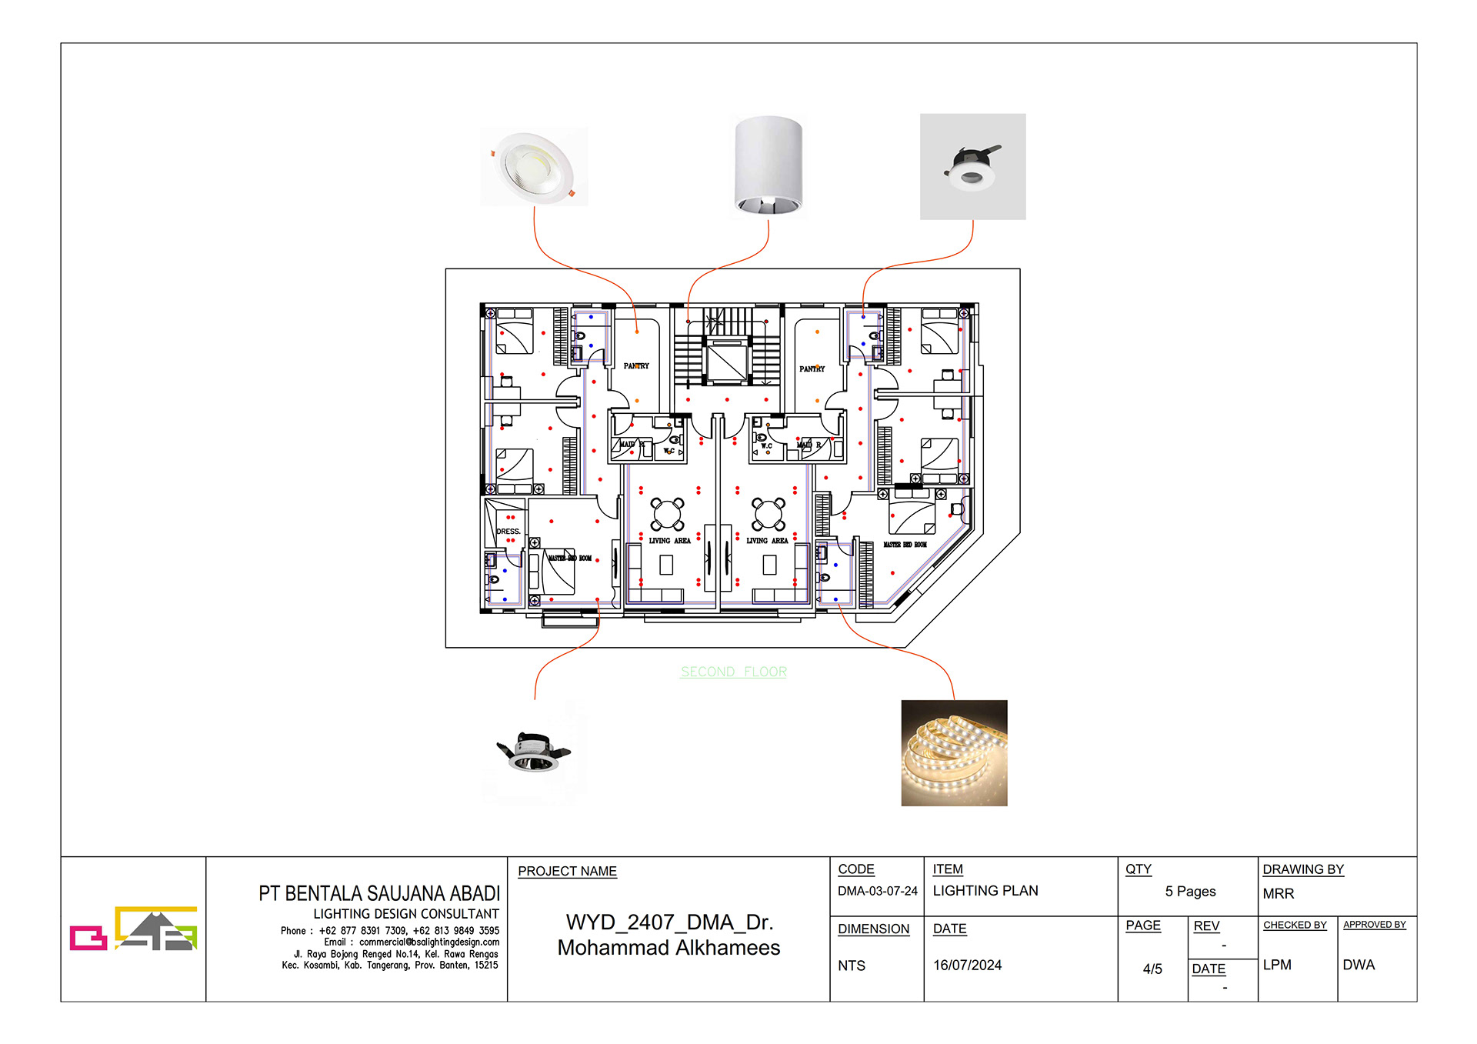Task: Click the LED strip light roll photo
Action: pyautogui.click(x=954, y=752)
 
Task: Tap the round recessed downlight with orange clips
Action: pyautogui.click(x=535, y=166)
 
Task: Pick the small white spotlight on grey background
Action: pyautogui.click(x=972, y=167)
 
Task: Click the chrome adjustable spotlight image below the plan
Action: pyautogui.click(x=535, y=752)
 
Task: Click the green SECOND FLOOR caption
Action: pyautogui.click(x=733, y=672)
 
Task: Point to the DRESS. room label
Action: pyautogui.click(x=508, y=532)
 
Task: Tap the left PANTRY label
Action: pyautogui.click(x=636, y=366)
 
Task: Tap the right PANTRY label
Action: pyautogui.click(x=812, y=369)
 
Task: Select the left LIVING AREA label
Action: pyautogui.click(x=669, y=541)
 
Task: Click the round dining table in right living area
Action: pyautogui.click(x=769, y=514)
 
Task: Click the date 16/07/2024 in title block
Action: pyautogui.click(x=967, y=965)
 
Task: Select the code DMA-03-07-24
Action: pyautogui.click(x=877, y=891)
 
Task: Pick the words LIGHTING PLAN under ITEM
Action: pyautogui.click(x=985, y=891)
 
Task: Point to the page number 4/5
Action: pyautogui.click(x=1152, y=969)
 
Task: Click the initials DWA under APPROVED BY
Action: pyautogui.click(x=1358, y=965)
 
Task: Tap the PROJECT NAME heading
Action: pyautogui.click(x=567, y=871)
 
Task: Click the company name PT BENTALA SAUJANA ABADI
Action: pyautogui.click(x=379, y=893)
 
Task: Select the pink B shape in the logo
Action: pyautogui.click(x=88, y=937)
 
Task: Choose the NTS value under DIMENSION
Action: pyautogui.click(x=851, y=966)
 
